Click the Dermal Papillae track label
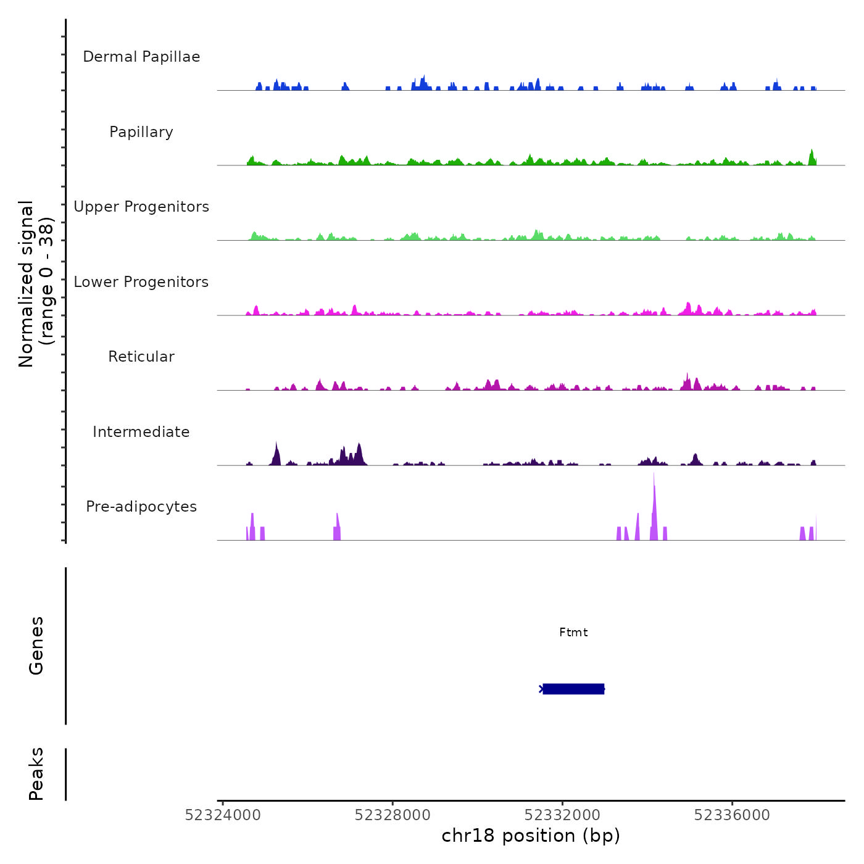pos(141,57)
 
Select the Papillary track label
pos(141,132)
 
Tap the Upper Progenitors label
pos(141,207)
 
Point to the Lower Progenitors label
pos(141,282)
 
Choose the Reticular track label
pos(141,357)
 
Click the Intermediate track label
pos(141,432)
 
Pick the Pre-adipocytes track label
pos(141,507)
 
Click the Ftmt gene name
pos(573,633)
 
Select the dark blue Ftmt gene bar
pos(573,689)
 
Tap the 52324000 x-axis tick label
pos(223,815)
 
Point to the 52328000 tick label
pos(393,815)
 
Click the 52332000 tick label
pos(562,815)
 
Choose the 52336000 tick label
pos(732,815)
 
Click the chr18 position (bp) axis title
pos(531,836)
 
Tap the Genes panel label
pos(36,646)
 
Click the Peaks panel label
pos(36,774)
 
